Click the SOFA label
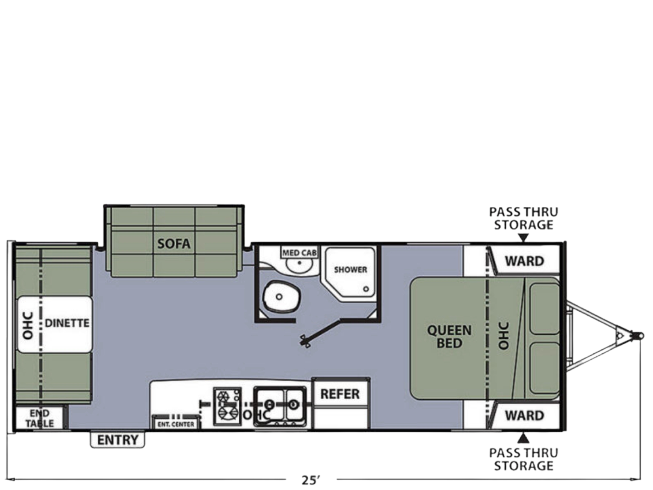coord(174,243)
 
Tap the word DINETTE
coord(67,323)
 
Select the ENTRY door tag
coord(118,440)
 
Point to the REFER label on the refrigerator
coord(340,394)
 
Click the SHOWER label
coord(350,270)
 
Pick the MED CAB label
coord(299,253)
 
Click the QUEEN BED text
coord(449,337)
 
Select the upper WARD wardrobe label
coord(525,261)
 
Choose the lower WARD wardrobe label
coord(525,416)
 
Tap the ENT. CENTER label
coord(176,424)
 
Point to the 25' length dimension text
coord(311,480)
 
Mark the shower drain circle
coord(366,289)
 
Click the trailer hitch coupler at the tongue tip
coord(637,335)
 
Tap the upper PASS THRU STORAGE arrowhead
coord(523,238)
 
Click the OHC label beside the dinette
coord(28,325)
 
